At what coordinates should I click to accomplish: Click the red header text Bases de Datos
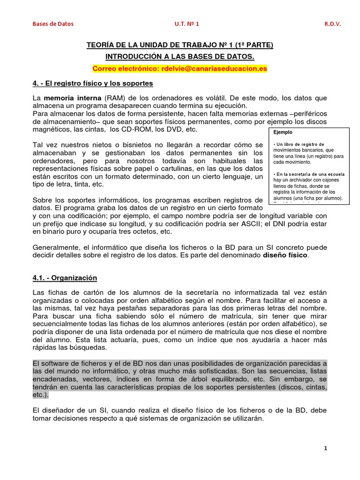52,23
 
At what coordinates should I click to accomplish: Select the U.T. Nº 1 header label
187,23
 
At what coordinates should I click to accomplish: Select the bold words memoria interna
72,98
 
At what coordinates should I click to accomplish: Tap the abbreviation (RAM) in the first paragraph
115,98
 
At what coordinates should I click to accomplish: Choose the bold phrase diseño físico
285,255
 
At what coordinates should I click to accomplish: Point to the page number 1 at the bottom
325,449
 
